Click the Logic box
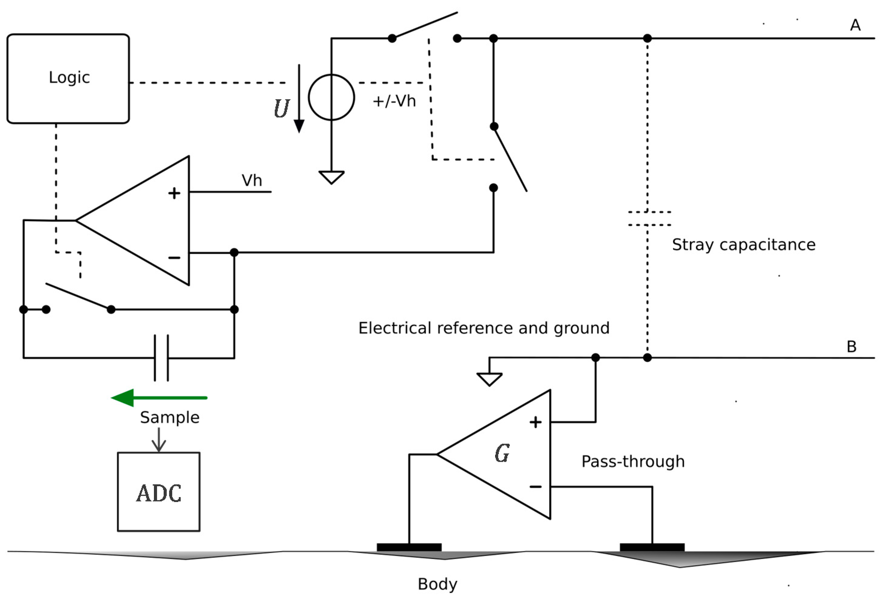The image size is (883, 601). click(68, 79)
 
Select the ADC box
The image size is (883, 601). click(158, 492)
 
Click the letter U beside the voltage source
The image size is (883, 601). click(282, 109)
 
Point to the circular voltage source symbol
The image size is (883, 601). click(331, 98)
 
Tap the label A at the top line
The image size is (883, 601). click(855, 25)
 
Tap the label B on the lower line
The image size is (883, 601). click(851, 347)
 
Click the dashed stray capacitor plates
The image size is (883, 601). click(649, 218)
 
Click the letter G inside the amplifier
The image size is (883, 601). click(502, 453)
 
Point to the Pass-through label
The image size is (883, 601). click(633, 462)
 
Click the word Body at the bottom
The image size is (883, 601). click(437, 584)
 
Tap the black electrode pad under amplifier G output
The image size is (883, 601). click(409, 547)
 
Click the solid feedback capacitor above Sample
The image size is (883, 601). click(161, 358)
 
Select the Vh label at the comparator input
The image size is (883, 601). click(252, 180)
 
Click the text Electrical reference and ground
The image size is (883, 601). click(484, 328)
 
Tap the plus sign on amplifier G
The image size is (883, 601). click(535, 422)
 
